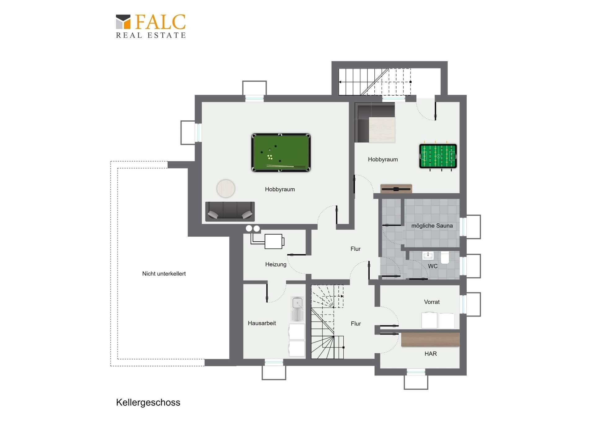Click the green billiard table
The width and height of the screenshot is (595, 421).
(x=281, y=153)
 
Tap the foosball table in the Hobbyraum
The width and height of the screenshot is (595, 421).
(x=438, y=156)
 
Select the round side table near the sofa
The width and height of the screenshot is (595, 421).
(x=226, y=188)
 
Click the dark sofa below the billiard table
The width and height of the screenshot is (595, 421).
(x=230, y=211)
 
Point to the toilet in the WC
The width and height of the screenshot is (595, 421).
(x=445, y=258)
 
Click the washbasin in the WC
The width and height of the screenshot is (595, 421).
(x=428, y=255)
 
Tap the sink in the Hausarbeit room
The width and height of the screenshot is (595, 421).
(x=297, y=309)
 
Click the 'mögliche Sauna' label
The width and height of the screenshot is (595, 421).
(x=432, y=226)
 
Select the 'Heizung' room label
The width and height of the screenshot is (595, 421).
(x=276, y=264)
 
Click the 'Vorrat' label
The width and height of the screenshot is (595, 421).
(x=432, y=302)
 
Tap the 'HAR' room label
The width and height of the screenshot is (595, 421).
(x=430, y=354)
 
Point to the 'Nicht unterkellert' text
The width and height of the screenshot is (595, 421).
(x=164, y=274)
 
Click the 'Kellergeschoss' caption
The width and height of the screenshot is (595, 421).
(x=148, y=402)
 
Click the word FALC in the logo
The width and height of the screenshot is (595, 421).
(x=160, y=22)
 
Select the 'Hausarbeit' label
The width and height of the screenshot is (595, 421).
(x=262, y=323)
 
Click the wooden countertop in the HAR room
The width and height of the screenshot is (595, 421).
(x=430, y=339)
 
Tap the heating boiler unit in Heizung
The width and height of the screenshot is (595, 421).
(x=274, y=241)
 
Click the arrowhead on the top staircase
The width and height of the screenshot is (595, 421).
(x=340, y=82)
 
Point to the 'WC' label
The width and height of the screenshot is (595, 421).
(x=433, y=266)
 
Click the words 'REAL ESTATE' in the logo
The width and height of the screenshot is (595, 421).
(x=151, y=35)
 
